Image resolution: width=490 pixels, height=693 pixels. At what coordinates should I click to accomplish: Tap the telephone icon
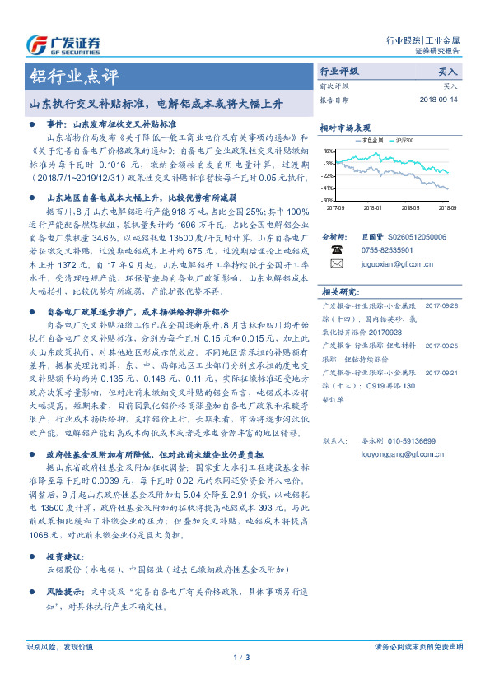336,249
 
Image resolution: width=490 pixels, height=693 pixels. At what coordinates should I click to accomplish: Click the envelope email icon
336,264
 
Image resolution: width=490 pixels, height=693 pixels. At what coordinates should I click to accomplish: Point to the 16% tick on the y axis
328,151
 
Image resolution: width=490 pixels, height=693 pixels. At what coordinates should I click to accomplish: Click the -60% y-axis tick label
327,200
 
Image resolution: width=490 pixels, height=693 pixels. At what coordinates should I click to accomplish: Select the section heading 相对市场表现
346,128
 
